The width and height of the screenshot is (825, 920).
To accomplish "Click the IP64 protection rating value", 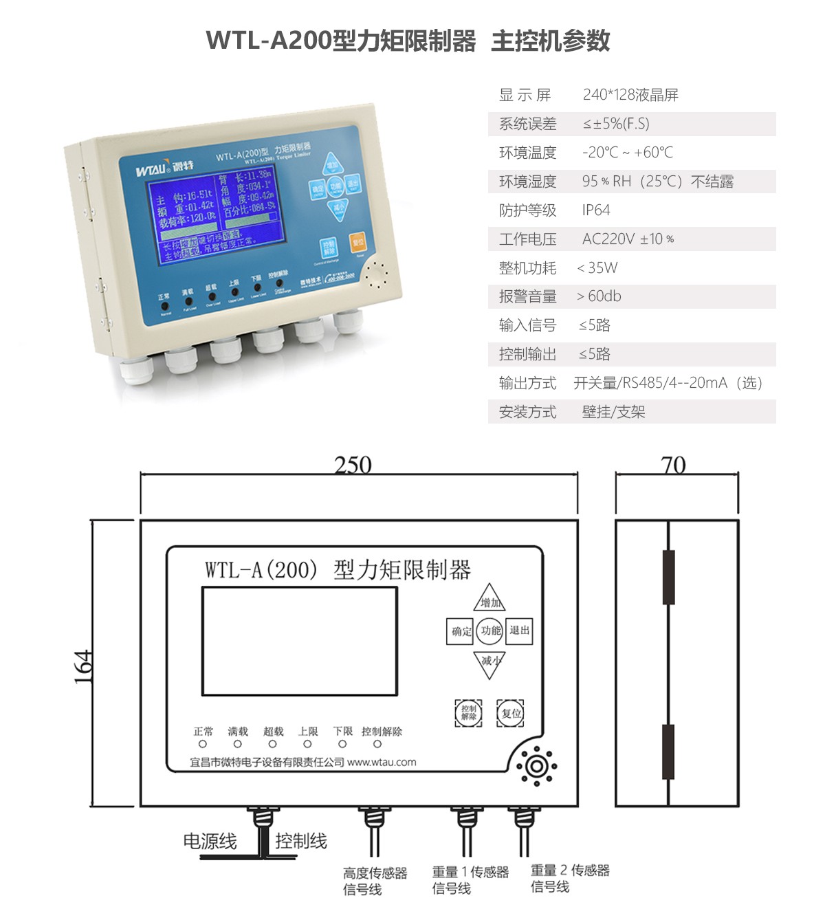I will [x=595, y=210].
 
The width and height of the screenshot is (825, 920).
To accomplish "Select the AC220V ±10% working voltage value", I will [x=627, y=239].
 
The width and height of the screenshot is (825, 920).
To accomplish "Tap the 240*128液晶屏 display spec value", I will [x=630, y=95].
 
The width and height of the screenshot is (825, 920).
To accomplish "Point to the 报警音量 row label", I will [x=527, y=296].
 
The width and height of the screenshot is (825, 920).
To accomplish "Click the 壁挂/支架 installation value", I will [x=613, y=412].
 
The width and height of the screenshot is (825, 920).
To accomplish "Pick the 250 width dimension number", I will [x=353, y=465].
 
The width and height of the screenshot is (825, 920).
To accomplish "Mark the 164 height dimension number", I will [x=82, y=666].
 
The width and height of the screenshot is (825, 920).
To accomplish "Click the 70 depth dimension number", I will [x=673, y=465].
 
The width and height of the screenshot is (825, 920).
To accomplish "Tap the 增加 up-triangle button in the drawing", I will [x=489, y=600].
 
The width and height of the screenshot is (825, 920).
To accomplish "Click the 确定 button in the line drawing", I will [x=461, y=631].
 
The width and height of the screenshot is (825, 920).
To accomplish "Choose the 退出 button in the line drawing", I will [x=519, y=631].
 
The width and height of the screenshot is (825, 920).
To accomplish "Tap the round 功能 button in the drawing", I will [x=490, y=631].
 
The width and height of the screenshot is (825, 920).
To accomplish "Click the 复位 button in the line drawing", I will [x=510, y=713].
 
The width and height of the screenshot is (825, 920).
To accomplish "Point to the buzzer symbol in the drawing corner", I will [x=536, y=766].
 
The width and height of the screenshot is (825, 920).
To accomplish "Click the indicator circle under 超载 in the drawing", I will [x=273, y=744].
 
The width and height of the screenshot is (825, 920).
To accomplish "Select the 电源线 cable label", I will [x=210, y=841].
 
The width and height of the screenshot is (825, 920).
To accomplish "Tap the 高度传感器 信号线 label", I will [x=375, y=881].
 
